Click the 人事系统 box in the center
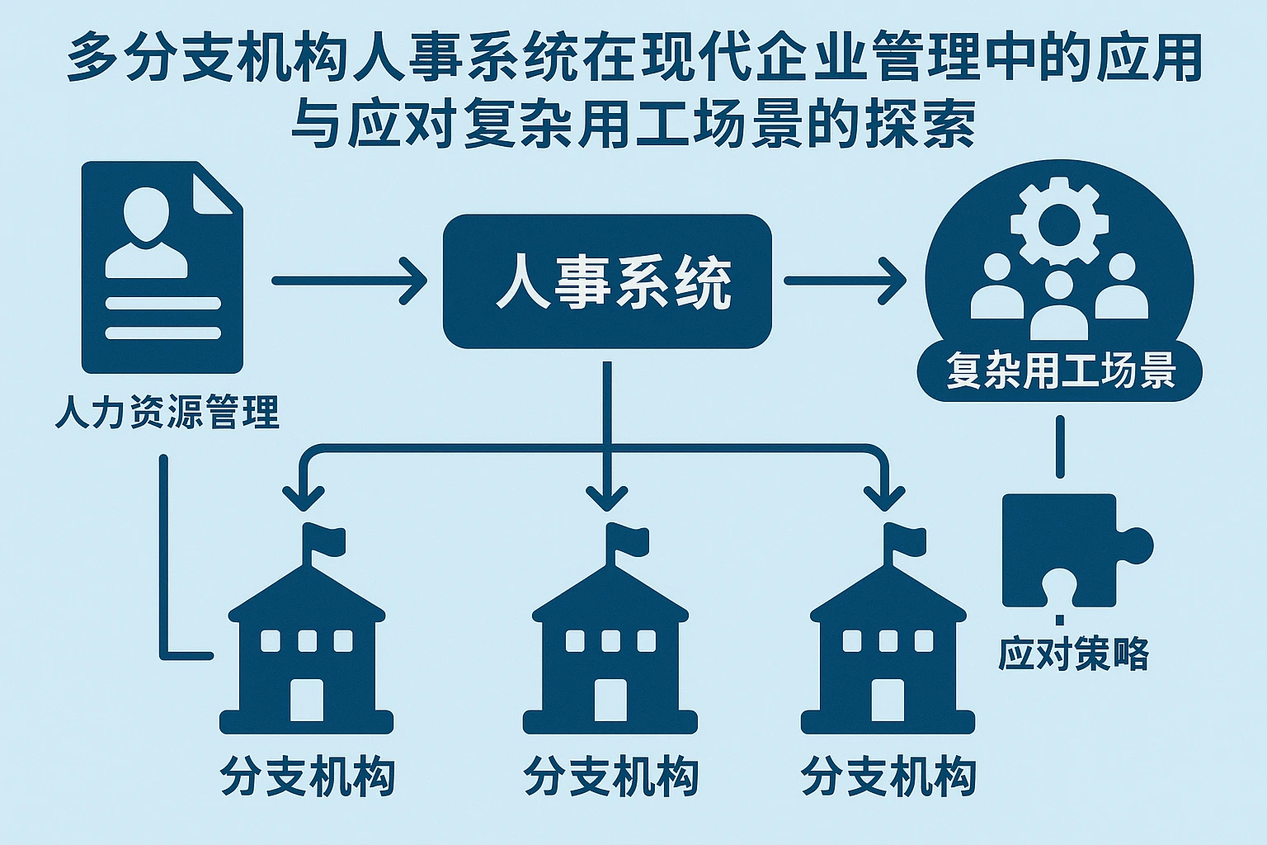(x=607, y=281)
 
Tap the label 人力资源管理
(x=167, y=412)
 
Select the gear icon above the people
(x=1059, y=221)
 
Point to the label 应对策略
(x=1073, y=654)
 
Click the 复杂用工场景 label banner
(x=1060, y=371)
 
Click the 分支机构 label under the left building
(x=308, y=777)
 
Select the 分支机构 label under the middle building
(x=610, y=777)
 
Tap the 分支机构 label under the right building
(x=888, y=777)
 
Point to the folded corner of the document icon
(x=216, y=188)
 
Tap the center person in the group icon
(x=1059, y=307)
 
